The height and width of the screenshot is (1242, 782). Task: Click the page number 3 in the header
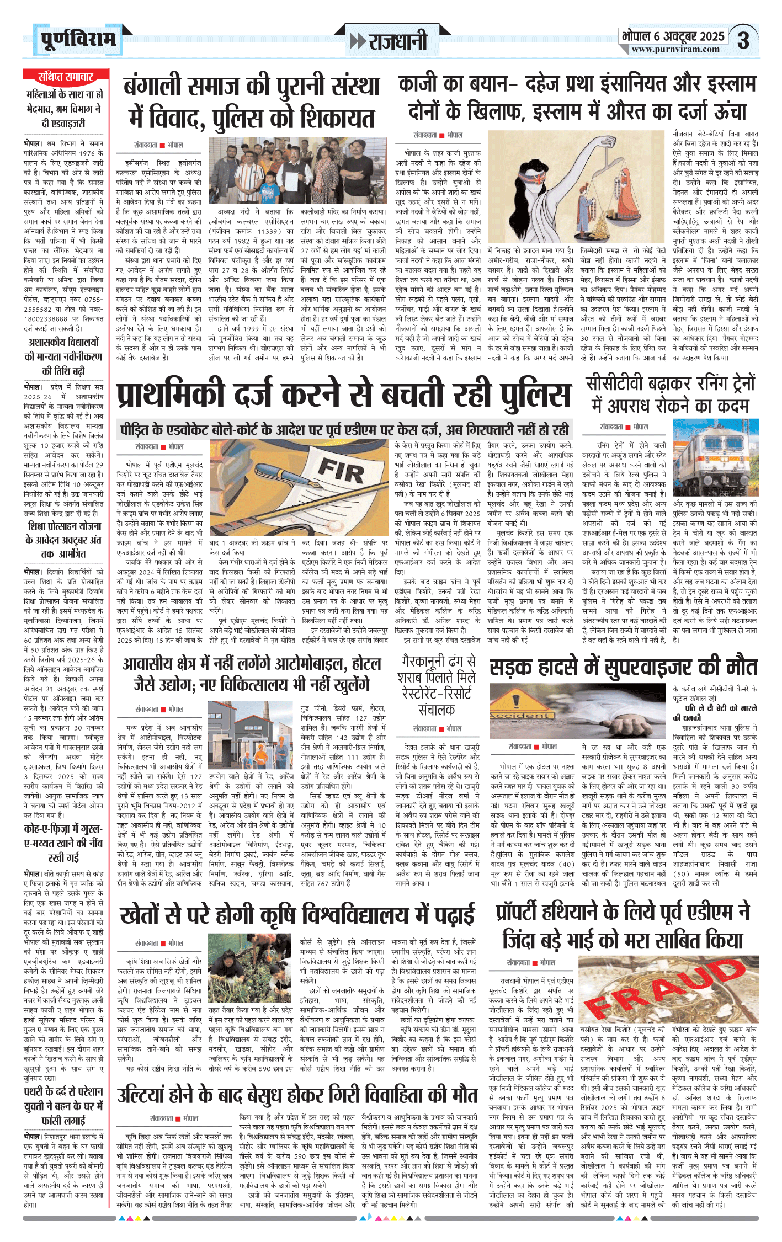pyautogui.click(x=743, y=41)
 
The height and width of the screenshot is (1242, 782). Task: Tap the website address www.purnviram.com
pyautogui.click(x=675, y=50)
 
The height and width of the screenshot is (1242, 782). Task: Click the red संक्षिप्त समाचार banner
pyautogui.click(x=66, y=77)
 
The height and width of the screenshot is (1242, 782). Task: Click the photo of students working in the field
pyautogui.click(x=251, y=976)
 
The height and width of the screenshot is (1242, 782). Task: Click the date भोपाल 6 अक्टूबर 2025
pyautogui.click(x=673, y=36)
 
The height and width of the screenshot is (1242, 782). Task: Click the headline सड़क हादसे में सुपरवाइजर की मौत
pyautogui.click(x=623, y=668)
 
